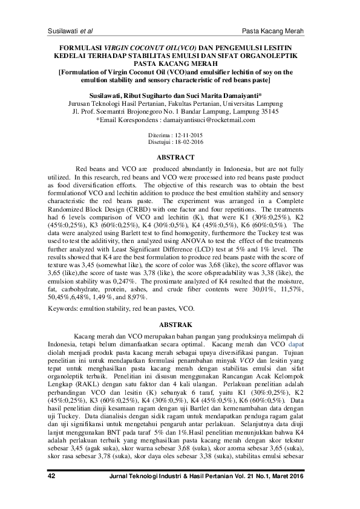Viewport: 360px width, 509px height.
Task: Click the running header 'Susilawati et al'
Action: [70, 30]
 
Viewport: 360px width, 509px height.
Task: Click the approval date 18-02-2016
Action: [189, 143]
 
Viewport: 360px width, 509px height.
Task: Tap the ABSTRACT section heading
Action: [180, 158]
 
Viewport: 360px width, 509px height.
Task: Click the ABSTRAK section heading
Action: [180, 325]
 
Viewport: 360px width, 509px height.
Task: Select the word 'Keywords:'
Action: [63, 308]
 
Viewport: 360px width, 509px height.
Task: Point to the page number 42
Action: [51, 493]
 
